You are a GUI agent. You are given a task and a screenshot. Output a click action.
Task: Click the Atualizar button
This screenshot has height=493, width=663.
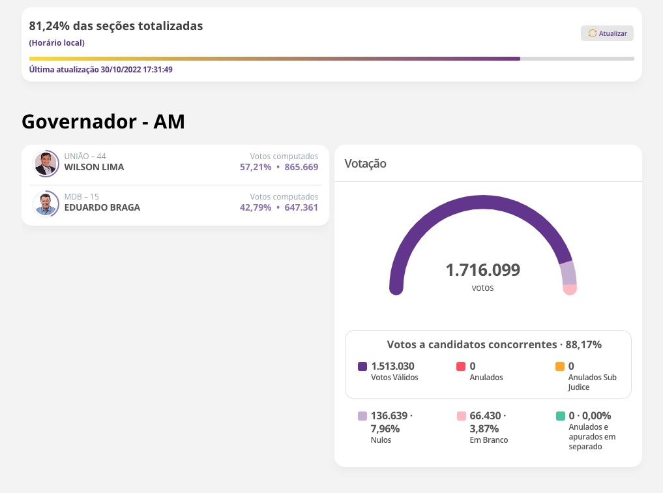click(607, 33)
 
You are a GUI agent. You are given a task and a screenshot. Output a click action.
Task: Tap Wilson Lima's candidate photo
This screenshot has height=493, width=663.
click(46, 164)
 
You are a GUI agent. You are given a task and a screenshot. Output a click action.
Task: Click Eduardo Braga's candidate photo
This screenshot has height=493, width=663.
click(46, 204)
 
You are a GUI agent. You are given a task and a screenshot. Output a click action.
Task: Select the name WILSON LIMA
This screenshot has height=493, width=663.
click(94, 167)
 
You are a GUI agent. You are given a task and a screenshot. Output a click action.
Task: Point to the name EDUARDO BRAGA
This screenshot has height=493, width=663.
click(102, 207)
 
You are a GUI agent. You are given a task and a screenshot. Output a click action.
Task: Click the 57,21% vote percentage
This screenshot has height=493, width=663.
click(256, 167)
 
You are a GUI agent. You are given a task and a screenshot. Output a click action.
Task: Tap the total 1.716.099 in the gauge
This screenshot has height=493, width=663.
click(482, 270)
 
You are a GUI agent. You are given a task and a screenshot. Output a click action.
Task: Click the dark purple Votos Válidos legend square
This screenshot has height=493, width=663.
click(362, 366)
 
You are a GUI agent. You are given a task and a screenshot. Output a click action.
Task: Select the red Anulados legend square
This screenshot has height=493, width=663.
click(461, 366)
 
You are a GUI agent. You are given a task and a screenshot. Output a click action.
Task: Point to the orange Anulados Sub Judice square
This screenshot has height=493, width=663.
click(560, 366)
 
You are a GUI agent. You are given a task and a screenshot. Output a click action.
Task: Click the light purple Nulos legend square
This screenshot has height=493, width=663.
click(362, 416)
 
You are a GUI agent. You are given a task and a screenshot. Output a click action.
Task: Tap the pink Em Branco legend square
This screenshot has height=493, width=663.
click(461, 416)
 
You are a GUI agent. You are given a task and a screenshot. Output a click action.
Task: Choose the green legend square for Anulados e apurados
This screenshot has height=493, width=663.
click(560, 416)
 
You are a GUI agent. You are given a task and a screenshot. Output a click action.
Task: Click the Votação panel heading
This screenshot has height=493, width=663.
click(365, 164)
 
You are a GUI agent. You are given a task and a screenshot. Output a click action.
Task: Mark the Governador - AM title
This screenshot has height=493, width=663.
click(103, 121)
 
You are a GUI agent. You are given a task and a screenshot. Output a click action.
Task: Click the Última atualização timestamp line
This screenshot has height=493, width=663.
click(100, 70)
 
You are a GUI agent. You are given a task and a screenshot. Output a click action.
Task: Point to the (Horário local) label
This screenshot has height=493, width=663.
click(57, 43)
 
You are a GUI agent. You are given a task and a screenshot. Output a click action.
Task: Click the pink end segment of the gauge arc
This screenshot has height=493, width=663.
click(570, 289)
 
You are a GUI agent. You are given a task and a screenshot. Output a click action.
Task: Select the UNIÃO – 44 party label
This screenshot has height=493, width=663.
click(85, 157)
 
